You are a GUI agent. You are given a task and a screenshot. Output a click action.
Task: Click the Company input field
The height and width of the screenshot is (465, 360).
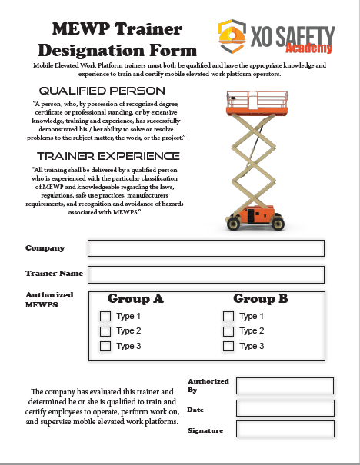205,248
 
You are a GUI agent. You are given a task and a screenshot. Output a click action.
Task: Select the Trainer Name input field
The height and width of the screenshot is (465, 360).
205,274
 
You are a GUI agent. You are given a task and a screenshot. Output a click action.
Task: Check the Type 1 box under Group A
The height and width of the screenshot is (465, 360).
105,316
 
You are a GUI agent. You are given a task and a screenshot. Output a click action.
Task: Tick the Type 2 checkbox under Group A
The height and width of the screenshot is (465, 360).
105,331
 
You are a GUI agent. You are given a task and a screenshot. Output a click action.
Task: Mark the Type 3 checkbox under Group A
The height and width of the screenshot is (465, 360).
105,346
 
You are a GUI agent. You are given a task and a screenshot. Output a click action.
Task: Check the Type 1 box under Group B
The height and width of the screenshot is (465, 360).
228,316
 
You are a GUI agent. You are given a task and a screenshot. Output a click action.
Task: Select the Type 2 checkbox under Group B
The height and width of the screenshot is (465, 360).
228,331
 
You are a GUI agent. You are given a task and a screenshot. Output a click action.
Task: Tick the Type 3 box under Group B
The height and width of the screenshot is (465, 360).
228,346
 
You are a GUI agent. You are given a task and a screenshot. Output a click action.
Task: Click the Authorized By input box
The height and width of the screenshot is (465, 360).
285,386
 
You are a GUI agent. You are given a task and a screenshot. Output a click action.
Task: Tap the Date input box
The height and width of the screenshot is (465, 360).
285,408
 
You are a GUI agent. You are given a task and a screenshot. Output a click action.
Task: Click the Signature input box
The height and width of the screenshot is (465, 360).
285,429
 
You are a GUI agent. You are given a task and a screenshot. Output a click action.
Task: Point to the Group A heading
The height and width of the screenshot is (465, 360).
135,299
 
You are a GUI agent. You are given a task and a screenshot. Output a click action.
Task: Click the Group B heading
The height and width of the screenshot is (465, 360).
260,299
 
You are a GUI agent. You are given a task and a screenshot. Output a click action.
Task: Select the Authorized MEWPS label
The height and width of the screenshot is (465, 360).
49,300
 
